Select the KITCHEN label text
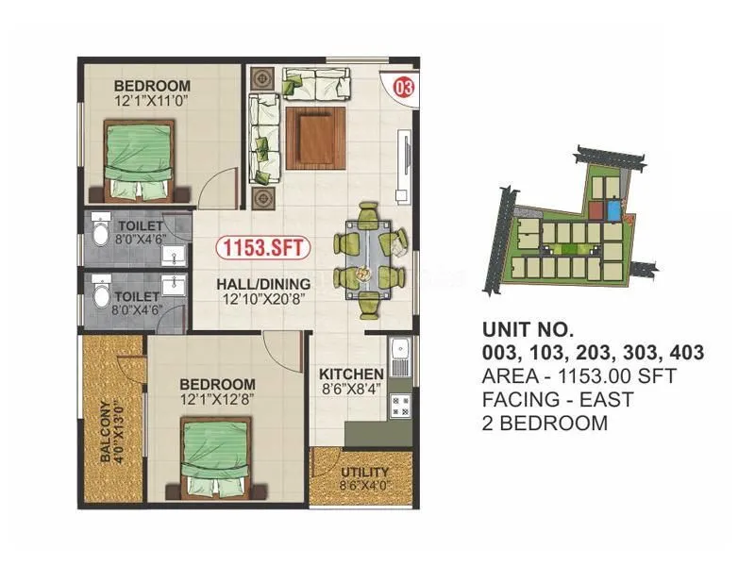tap(351, 374)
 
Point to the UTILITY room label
tap(363, 472)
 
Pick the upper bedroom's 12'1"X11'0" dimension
tap(151, 100)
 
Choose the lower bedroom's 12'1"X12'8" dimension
tap(217, 399)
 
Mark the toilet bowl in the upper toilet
tap(102, 231)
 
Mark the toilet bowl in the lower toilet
tap(102, 297)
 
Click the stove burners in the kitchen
tap(399, 407)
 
